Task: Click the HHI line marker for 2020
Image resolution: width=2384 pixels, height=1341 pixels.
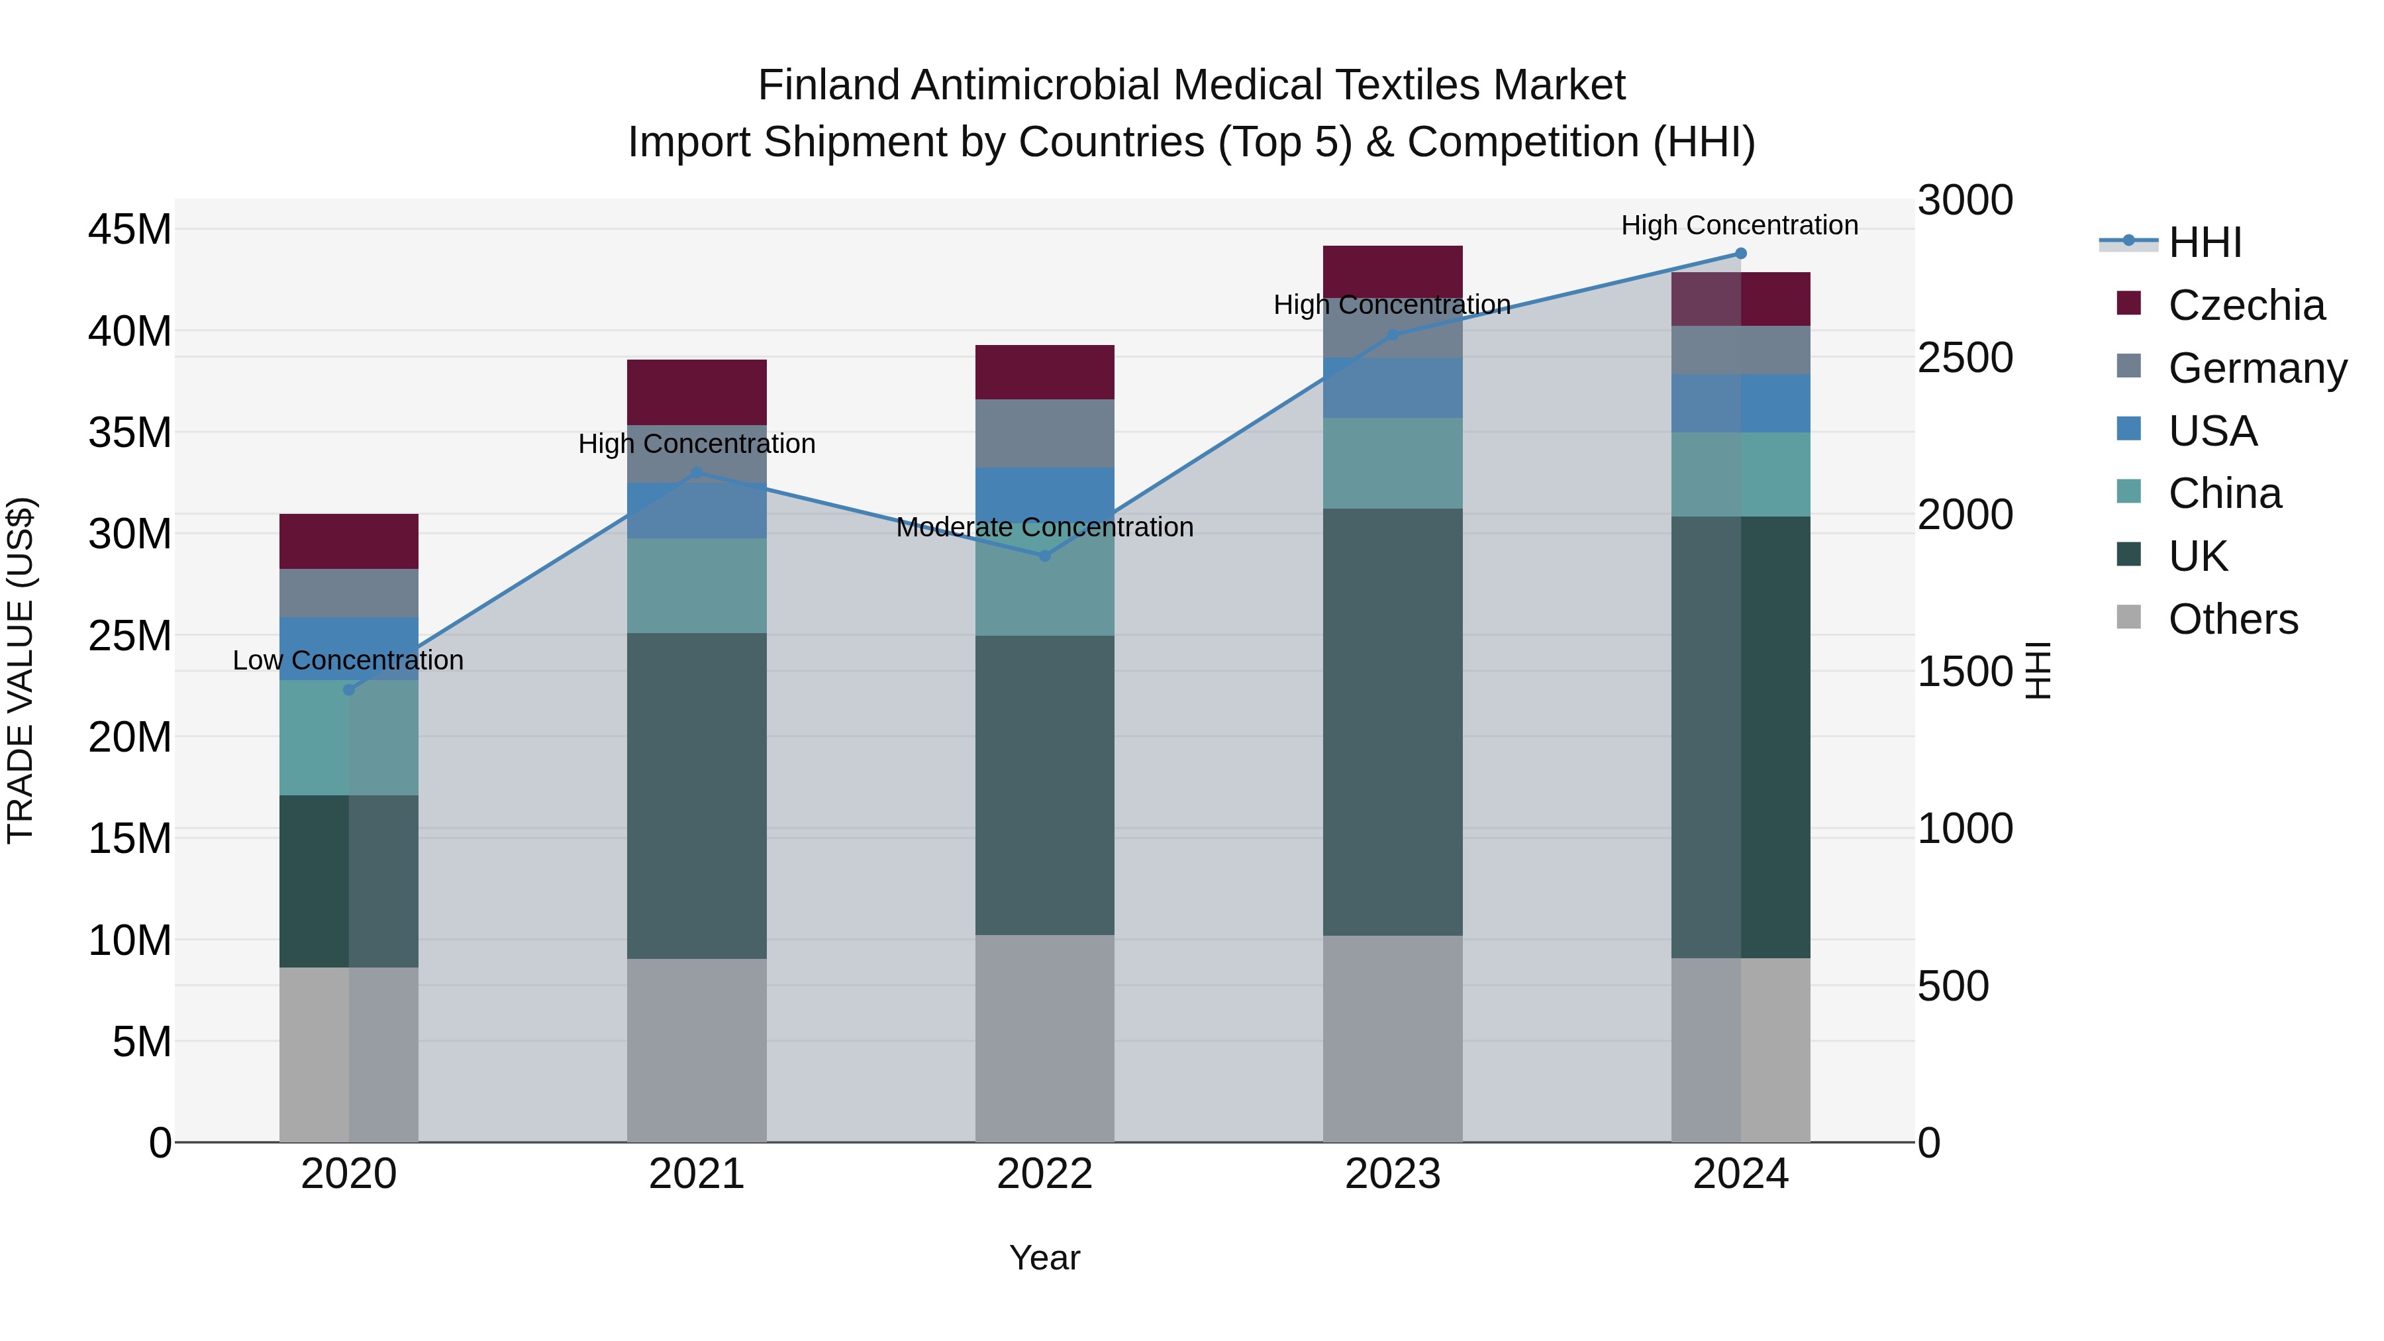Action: pos(349,689)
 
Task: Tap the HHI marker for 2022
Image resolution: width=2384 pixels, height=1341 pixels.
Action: pos(1045,556)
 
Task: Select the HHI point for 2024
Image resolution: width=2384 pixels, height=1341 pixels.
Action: pos(1741,254)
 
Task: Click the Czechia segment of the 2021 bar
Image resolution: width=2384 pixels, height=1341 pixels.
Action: pos(697,393)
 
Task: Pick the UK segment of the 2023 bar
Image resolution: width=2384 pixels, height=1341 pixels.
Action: pos(1393,722)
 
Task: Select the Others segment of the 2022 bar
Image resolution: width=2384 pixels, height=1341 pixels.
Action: pos(1045,1038)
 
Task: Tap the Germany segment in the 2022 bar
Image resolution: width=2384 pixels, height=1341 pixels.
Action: pos(1045,433)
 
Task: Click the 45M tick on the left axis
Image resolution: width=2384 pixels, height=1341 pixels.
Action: pos(130,230)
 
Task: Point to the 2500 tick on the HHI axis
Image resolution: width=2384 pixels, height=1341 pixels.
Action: pos(1965,358)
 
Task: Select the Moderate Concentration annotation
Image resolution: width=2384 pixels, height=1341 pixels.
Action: pos(1045,528)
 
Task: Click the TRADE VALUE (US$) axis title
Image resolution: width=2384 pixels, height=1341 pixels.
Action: pos(21,670)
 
